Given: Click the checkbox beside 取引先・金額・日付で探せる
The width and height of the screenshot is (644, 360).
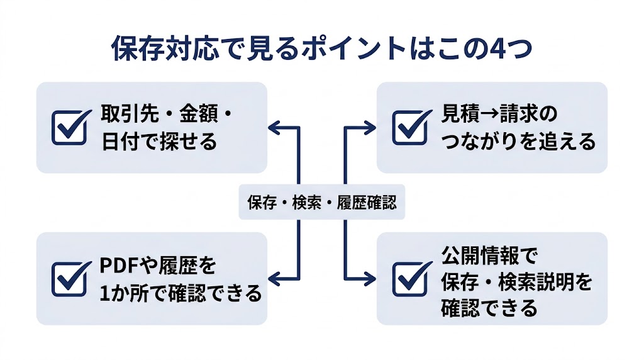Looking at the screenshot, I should (x=70, y=127).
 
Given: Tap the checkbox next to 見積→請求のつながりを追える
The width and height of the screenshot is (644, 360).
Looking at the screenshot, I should (x=411, y=127).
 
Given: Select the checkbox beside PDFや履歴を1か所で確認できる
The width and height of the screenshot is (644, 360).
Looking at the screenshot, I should (x=70, y=278).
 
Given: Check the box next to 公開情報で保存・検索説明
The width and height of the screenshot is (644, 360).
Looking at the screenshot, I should (x=411, y=278).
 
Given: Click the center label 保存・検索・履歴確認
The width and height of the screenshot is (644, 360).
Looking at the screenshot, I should (x=322, y=204).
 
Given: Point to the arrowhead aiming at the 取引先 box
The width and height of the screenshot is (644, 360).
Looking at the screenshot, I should (x=274, y=127).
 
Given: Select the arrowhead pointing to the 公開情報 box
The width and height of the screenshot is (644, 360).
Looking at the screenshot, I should (x=370, y=278).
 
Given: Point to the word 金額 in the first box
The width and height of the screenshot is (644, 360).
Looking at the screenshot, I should (x=197, y=116).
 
